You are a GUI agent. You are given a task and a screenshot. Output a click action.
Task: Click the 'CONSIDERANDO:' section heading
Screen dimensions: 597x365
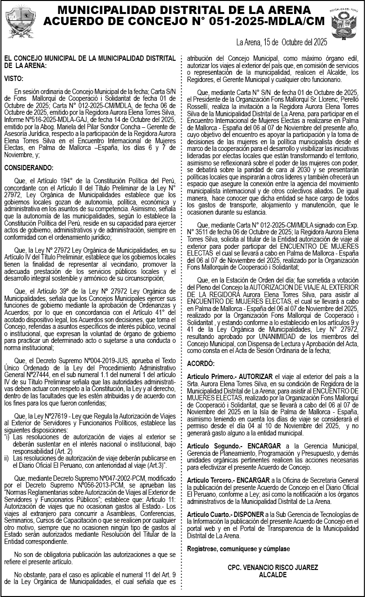coord(29,168)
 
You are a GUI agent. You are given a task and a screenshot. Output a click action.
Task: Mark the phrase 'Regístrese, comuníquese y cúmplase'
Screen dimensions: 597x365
coord(238,549)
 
